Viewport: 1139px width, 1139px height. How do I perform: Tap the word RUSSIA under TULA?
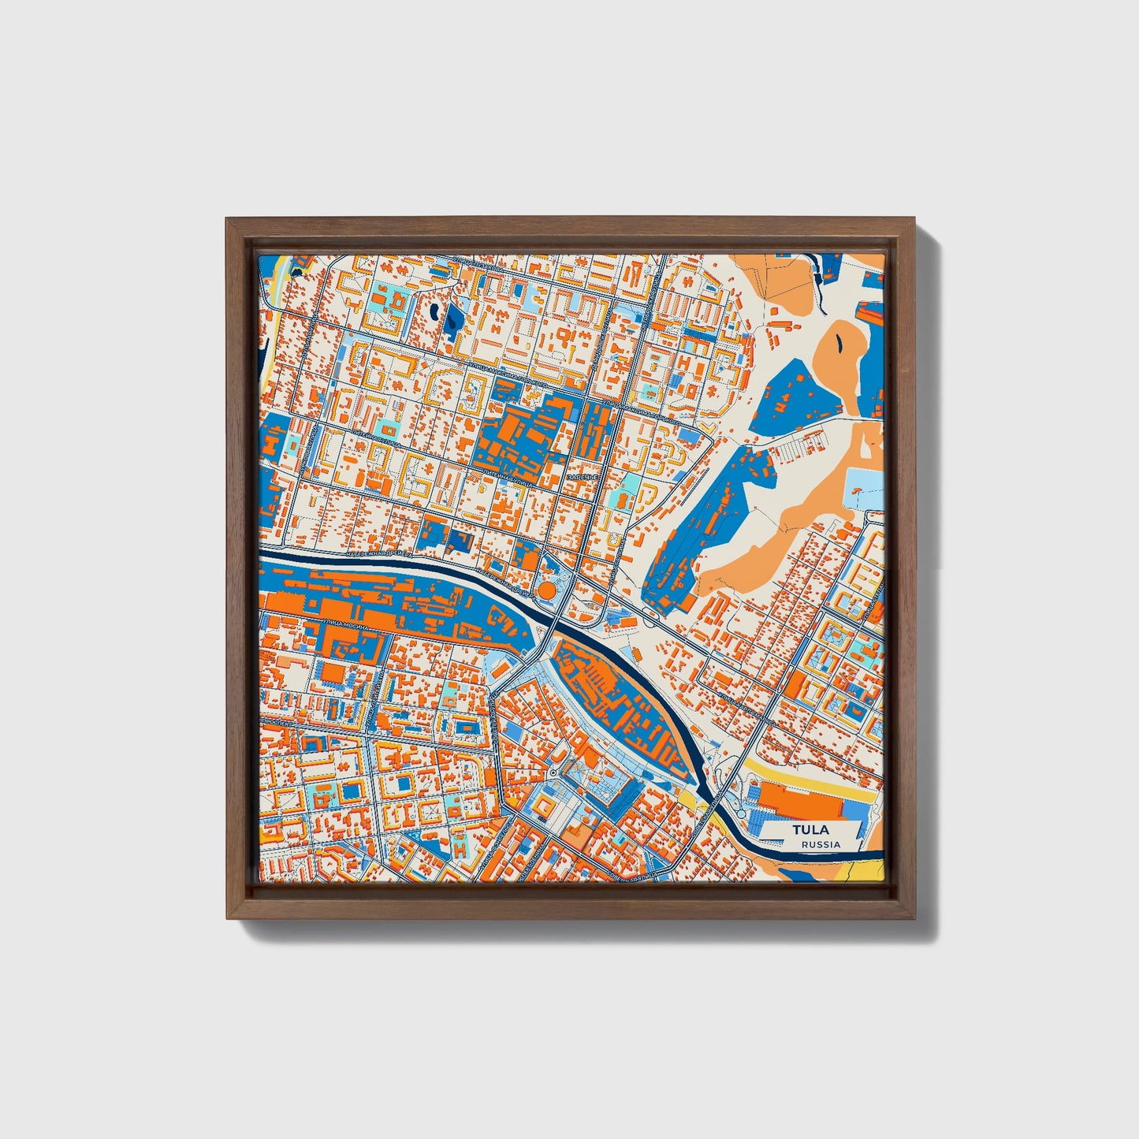pos(821,844)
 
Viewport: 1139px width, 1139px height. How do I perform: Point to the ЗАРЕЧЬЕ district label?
pos(583,478)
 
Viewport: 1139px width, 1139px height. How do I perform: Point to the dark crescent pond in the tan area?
pos(836,341)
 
